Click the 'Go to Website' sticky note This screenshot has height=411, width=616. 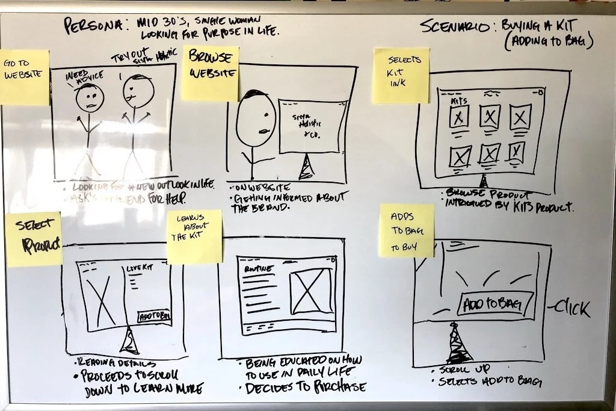point(25,77)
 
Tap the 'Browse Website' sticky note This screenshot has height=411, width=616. point(210,73)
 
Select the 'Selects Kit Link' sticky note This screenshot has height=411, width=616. point(401,75)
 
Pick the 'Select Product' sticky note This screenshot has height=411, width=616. point(34,239)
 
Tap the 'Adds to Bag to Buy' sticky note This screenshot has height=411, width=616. point(407,230)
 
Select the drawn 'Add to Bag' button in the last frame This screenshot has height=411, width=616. point(496,303)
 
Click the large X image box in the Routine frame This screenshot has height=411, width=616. point(310,291)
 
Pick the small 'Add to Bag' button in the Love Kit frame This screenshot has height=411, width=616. point(153,315)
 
